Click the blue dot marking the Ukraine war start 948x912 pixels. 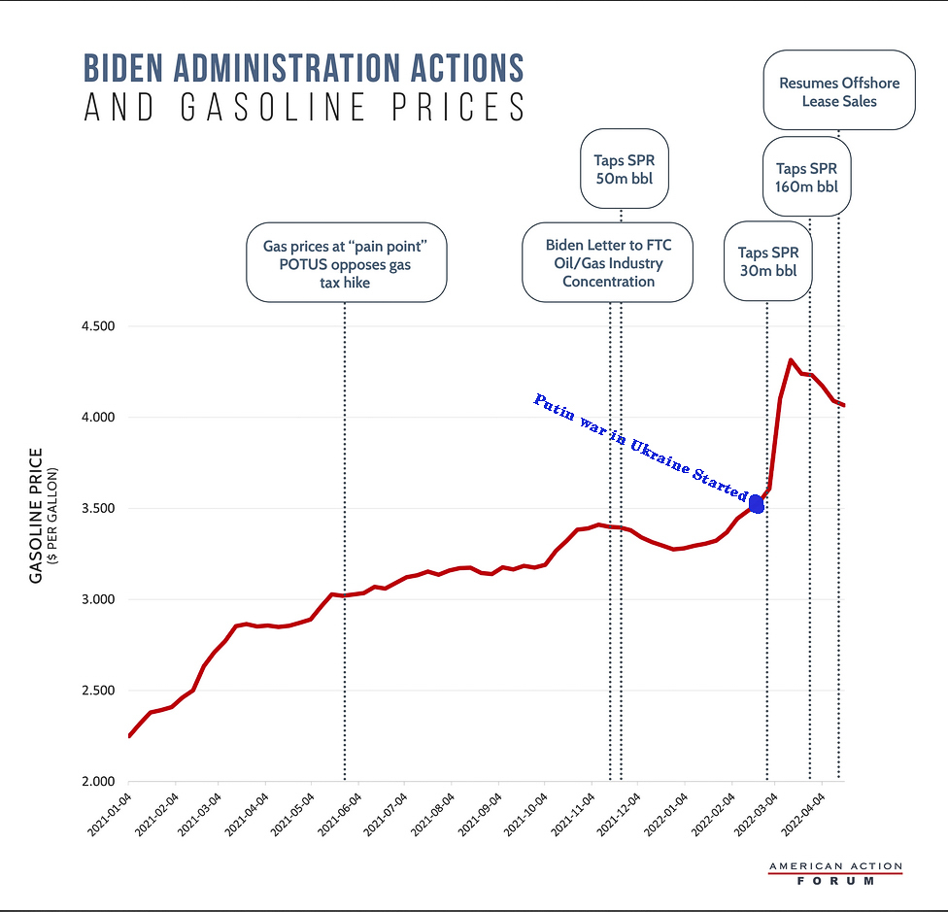[x=757, y=503]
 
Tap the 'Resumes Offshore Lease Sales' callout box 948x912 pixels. [x=839, y=91]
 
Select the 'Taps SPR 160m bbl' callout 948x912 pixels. [x=806, y=178]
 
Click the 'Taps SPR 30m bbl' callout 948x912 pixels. [x=767, y=261]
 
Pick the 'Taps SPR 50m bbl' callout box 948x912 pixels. [x=625, y=168]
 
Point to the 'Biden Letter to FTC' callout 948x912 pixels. [x=608, y=262]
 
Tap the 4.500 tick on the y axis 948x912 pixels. [x=97, y=326]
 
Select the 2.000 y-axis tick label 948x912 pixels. [x=97, y=782]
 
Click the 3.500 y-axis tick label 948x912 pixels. [x=97, y=509]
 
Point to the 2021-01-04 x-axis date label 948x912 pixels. [x=108, y=813]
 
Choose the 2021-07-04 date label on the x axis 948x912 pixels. [x=385, y=813]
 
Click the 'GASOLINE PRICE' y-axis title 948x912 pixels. [x=37, y=515]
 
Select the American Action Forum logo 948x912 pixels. [x=834, y=873]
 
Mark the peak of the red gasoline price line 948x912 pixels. [x=790, y=360]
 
